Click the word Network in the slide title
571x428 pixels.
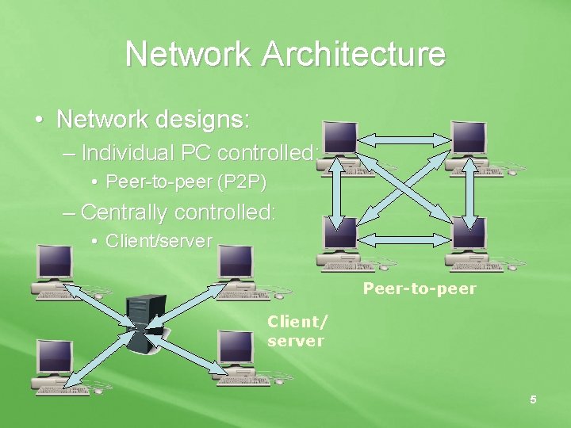pos(186,55)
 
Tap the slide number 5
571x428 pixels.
pos(533,400)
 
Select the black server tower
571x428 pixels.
pos(146,323)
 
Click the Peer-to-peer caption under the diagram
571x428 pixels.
pos(420,289)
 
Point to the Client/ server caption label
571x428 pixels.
pos(296,331)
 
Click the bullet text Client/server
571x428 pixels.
pos(159,241)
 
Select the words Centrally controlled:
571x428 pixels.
pos(178,212)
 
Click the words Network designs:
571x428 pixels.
pos(154,120)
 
